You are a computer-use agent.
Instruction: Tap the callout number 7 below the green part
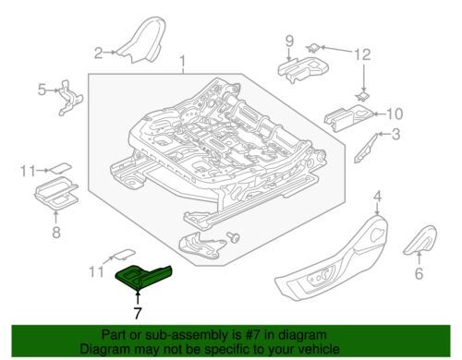click(x=138, y=313)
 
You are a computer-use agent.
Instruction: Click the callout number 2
click(x=98, y=53)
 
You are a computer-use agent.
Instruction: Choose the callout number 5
click(x=42, y=90)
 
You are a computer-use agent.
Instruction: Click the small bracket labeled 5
click(x=69, y=98)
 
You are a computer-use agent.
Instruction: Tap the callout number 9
click(x=289, y=42)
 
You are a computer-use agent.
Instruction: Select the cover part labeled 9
click(x=303, y=69)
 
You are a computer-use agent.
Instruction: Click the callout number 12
click(x=362, y=54)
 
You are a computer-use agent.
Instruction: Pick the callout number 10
click(x=394, y=114)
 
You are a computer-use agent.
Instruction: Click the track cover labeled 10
click(x=349, y=118)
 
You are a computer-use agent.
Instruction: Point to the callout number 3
click(x=395, y=134)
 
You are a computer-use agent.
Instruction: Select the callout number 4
click(x=378, y=197)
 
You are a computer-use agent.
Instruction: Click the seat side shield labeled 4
click(x=332, y=258)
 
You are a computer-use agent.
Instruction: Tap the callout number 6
click(x=419, y=273)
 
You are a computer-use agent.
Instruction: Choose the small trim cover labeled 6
click(x=420, y=241)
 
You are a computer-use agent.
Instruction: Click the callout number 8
click(x=56, y=232)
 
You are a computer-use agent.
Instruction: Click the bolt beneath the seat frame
click(x=233, y=237)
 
